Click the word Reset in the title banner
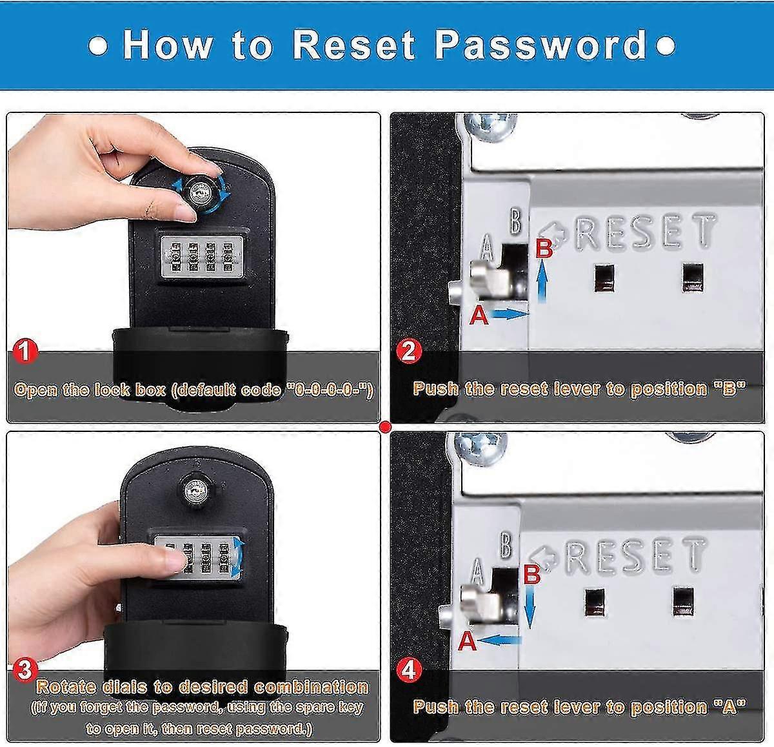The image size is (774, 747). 354,45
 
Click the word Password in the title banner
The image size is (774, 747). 541,45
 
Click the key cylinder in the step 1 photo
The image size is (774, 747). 199,189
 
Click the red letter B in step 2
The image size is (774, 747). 544,248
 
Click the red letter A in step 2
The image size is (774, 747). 478,316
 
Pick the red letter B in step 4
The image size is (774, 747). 531,574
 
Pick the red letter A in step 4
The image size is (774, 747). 467,641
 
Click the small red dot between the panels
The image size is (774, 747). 386,426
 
